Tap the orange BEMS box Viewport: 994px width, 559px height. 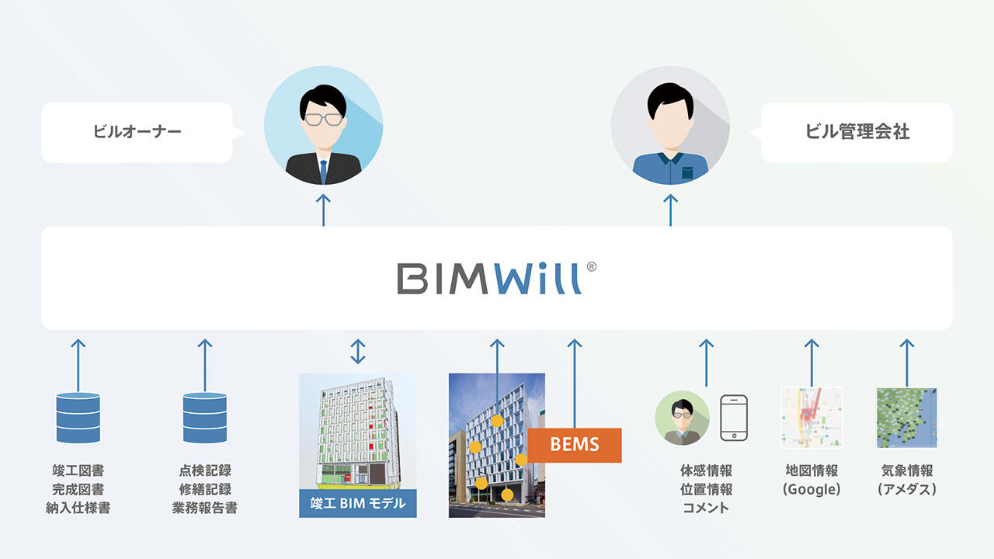[x=575, y=445]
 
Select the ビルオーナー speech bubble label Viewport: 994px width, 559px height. [x=137, y=132]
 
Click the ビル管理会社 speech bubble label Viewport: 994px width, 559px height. [x=857, y=132]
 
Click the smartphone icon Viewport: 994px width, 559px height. [x=734, y=418]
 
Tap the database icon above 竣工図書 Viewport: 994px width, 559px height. [x=78, y=418]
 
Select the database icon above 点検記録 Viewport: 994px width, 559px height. [x=205, y=418]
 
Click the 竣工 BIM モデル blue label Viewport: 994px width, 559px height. [x=358, y=503]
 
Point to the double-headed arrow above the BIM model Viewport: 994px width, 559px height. [x=357, y=351]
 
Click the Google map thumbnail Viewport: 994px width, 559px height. [x=812, y=418]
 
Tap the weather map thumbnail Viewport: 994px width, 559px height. [x=906, y=418]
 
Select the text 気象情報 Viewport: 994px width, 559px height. [x=907, y=470]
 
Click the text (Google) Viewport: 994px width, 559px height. [x=812, y=489]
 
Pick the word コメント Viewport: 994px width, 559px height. [x=706, y=508]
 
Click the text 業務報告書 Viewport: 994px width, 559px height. [x=205, y=508]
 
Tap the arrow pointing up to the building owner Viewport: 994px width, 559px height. [x=323, y=210]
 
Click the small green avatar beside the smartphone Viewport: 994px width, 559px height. [x=682, y=418]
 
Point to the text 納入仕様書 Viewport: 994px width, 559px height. [x=78, y=508]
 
